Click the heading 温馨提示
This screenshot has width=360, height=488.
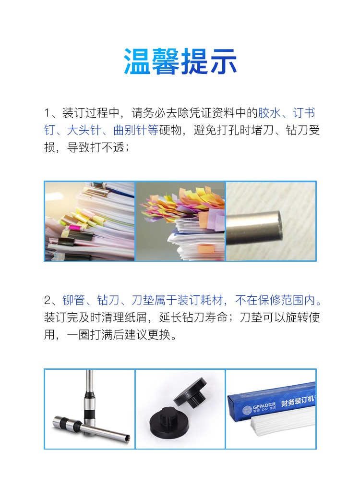pyautogui.click(x=180, y=61)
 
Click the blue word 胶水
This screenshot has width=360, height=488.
pyautogui.click(x=269, y=113)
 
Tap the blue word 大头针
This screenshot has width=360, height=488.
pyautogui.click(x=84, y=130)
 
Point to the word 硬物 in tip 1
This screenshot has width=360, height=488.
pyautogui.click(x=170, y=130)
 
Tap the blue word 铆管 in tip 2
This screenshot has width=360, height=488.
pyautogui.click(x=74, y=300)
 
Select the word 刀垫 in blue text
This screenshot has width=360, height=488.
pyautogui.click(x=143, y=300)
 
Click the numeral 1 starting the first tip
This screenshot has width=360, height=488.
pyautogui.click(x=48, y=113)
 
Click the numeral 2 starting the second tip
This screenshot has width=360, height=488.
pyautogui.click(x=48, y=300)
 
